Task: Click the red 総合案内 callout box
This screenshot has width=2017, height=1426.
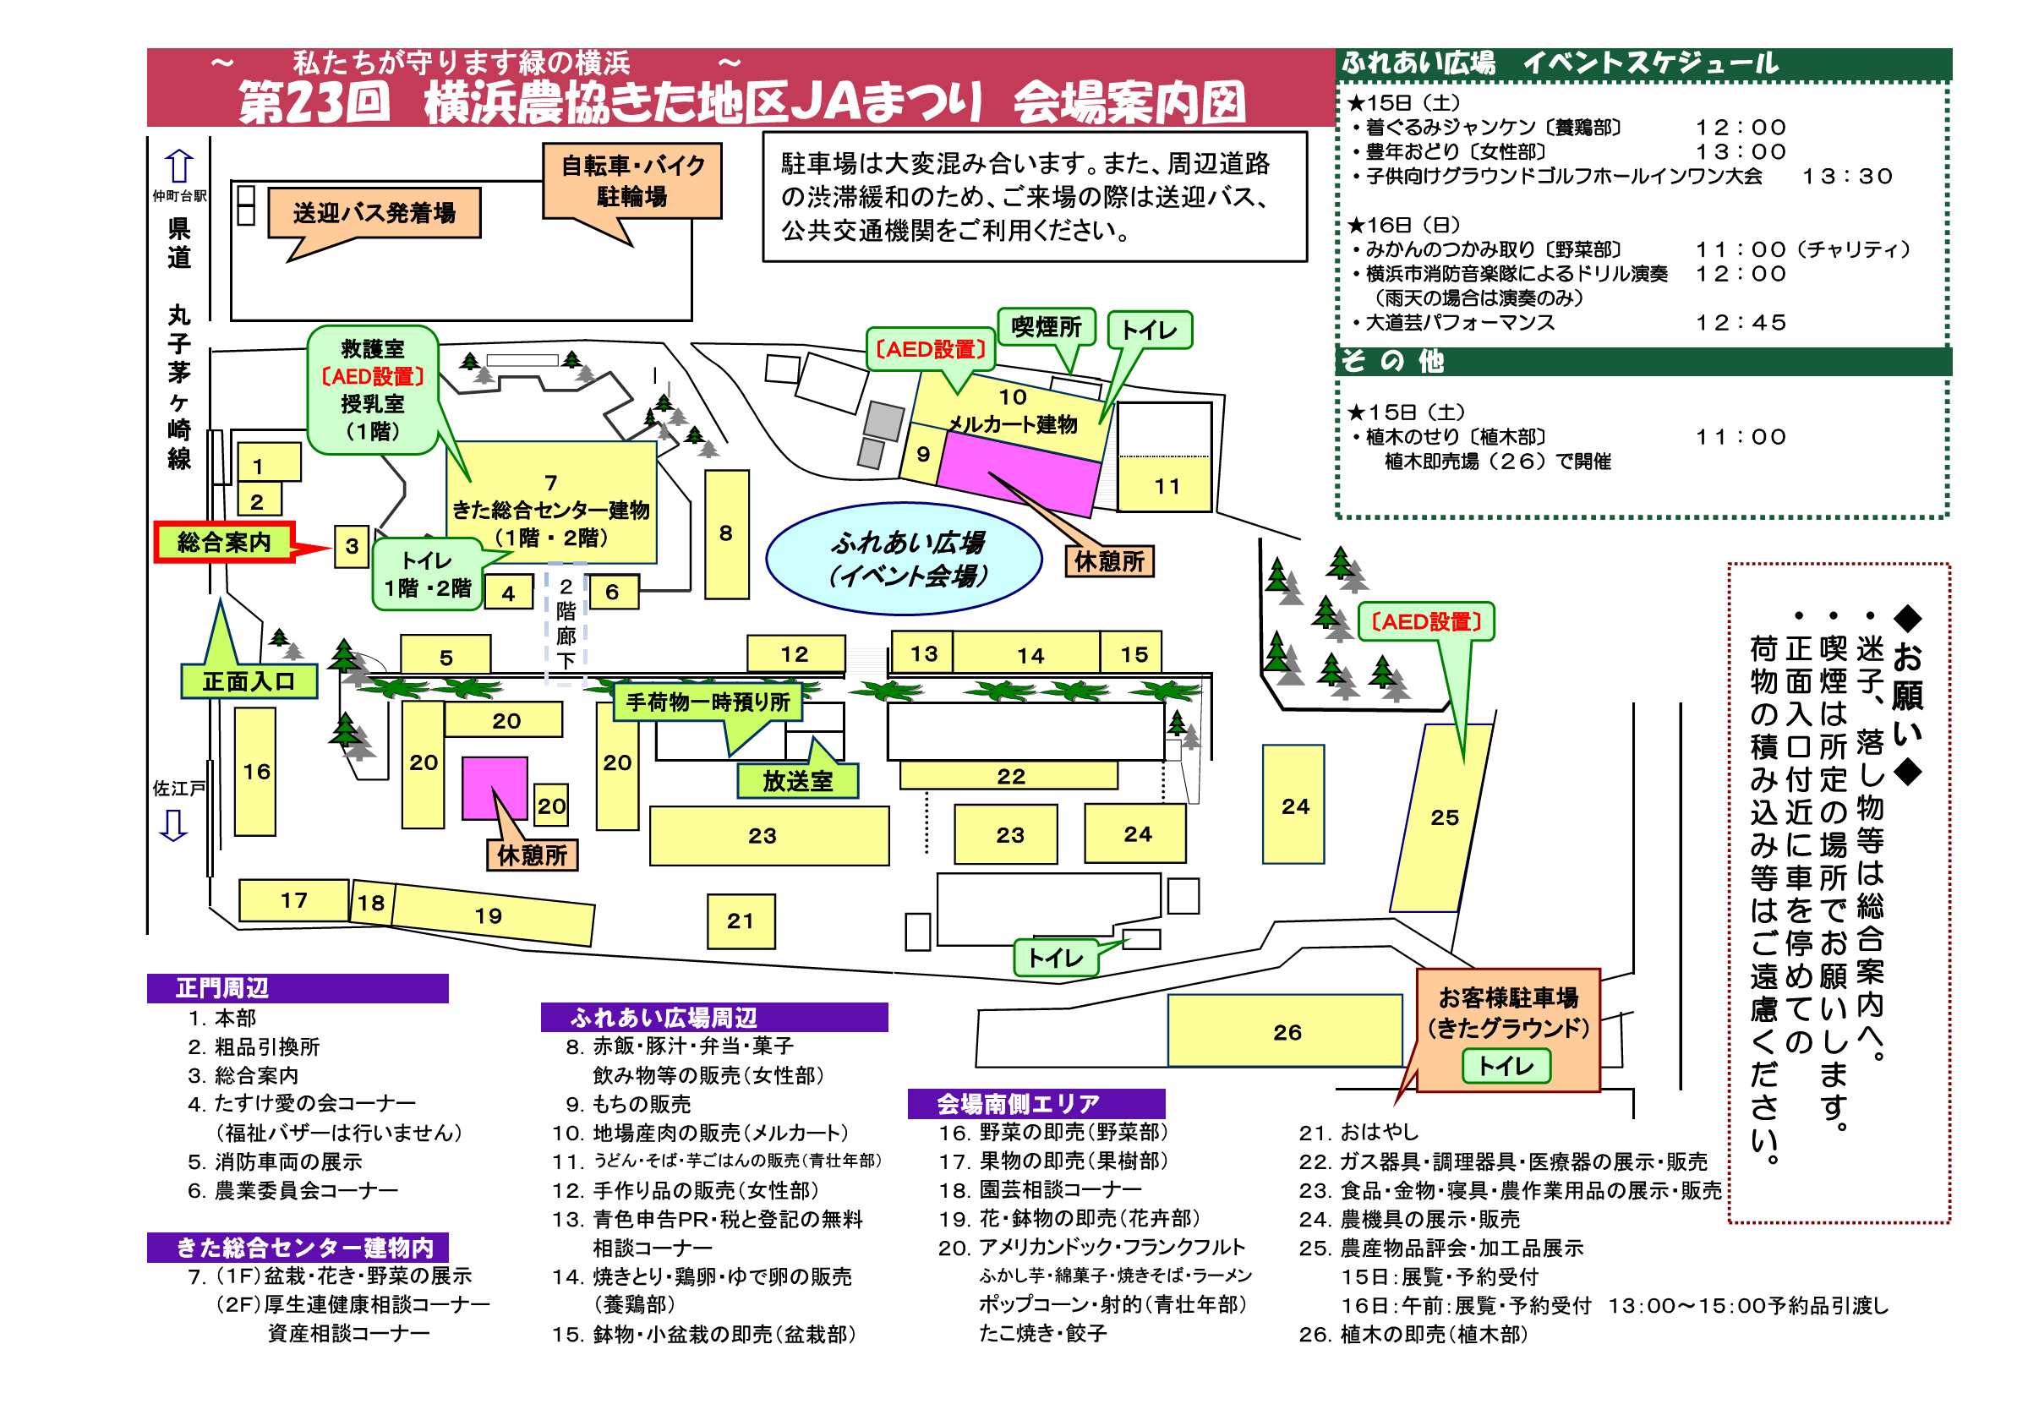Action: [224, 542]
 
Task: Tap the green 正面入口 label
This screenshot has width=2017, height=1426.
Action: [249, 682]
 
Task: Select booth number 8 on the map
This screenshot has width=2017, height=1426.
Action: [726, 533]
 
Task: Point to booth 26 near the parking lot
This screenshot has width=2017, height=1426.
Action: [1285, 1031]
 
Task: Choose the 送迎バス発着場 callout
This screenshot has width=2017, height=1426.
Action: [374, 213]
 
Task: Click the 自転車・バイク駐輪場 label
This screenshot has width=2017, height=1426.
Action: [632, 180]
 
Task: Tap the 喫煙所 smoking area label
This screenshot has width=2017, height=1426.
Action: [1047, 327]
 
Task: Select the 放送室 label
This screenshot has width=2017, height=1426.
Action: [797, 780]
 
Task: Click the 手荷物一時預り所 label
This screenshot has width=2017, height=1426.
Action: [708, 702]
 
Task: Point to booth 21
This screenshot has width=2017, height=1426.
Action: [741, 921]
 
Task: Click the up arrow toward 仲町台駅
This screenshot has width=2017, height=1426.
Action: [179, 165]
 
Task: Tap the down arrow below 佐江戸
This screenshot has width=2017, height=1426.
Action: [174, 826]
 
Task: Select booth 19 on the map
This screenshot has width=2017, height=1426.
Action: [490, 915]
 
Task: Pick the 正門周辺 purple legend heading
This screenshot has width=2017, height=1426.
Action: [298, 988]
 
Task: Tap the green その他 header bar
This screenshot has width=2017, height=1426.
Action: [1643, 361]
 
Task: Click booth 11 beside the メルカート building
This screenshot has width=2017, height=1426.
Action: [1166, 485]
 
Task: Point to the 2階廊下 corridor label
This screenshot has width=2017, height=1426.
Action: [566, 623]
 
